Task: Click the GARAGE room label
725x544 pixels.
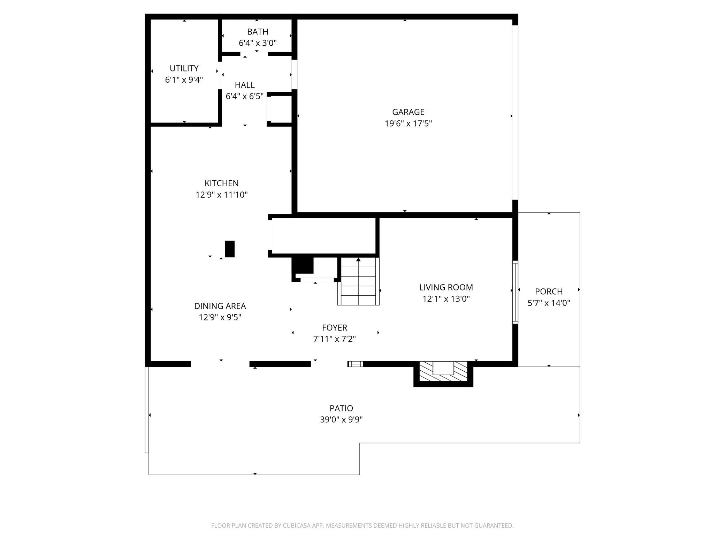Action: point(408,112)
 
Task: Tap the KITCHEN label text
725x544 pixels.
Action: point(222,183)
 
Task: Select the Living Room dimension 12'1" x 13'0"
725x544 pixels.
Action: point(446,299)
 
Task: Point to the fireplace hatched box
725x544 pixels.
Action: point(443,371)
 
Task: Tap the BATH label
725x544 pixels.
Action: point(258,32)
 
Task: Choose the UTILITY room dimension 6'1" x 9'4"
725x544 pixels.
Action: point(184,80)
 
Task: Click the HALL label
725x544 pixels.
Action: point(245,85)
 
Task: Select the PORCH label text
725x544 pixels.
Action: point(549,292)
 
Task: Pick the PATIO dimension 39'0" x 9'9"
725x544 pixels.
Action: point(342,420)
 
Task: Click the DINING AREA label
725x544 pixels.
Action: point(220,306)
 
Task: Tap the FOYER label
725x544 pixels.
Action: point(335,328)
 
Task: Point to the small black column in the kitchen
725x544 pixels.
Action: point(230,249)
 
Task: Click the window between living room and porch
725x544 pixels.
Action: point(515,292)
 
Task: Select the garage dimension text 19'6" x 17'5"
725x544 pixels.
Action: point(408,124)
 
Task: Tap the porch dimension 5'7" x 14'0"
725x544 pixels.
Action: point(549,303)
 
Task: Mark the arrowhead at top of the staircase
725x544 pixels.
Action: point(358,259)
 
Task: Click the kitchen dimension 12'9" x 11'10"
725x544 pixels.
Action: point(222,195)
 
